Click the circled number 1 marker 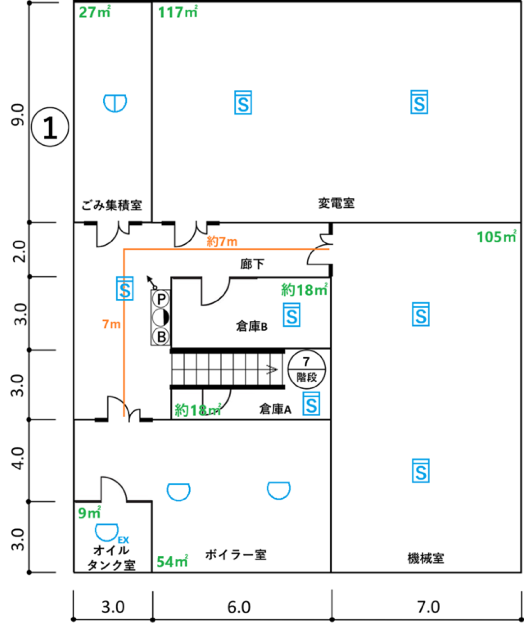coord(50,127)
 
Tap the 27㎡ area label coord(94,12)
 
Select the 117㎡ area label coord(178,12)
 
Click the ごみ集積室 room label coord(112,205)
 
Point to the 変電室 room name coord(336,203)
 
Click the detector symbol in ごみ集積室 coord(115,103)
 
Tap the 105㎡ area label coord(496,236)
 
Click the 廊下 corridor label coord(252,264)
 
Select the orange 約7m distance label coord(222,241)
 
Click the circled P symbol coord(161,299)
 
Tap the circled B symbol coord(161,337)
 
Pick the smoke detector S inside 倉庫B coord(291,315)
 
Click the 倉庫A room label coord(275,409)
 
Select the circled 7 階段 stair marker coord(306,369)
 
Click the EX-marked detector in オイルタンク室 coord(106,532)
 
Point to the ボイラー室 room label coord(235,555)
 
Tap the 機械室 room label coord(426,558)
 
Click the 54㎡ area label coord(173,562)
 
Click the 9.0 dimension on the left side coord(18,115)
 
